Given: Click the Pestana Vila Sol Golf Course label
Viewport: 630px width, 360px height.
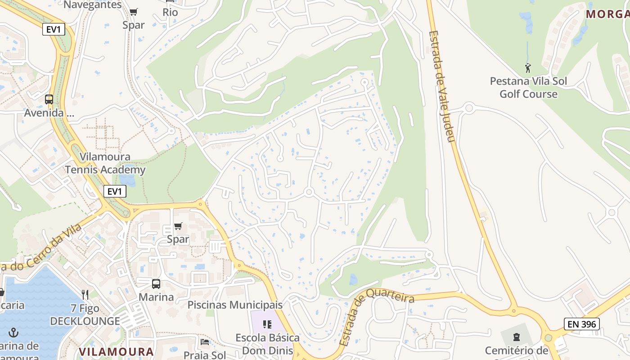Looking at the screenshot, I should tap(528, 88).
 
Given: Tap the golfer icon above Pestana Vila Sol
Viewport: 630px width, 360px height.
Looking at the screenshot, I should tap(528, 68).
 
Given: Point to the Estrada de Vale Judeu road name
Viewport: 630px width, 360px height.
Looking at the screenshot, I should tap(442, 85).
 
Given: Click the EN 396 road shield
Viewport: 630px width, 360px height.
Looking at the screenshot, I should tap(581, 324).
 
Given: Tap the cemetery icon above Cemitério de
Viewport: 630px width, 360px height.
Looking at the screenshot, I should tap(516, 336).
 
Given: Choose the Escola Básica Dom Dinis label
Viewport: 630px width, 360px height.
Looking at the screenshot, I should tap(267, 344).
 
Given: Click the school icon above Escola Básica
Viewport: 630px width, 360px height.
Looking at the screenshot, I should tap(267, 324).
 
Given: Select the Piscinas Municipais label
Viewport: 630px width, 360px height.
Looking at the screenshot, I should tap(235, 305).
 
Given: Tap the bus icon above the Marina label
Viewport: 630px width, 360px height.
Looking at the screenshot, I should tap(156, 284).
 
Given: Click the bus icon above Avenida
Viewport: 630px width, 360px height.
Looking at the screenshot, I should tap(49, 99).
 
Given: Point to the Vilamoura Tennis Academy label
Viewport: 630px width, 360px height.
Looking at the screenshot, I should tap(105, 163).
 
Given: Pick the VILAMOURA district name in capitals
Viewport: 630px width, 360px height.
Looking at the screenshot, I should tap(116, 351).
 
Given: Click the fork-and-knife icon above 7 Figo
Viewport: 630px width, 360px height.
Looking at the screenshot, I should tap(85, 295).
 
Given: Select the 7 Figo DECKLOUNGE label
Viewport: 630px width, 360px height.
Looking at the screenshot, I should tap(85, 315).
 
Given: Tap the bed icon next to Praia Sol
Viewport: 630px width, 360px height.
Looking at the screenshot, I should tap(205, 342).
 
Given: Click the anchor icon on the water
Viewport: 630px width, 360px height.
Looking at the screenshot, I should tap(13, 333).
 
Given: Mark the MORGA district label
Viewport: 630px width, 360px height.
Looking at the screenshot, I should tap(607, 14).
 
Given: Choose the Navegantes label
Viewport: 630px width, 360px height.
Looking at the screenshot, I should tap(93, 5).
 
